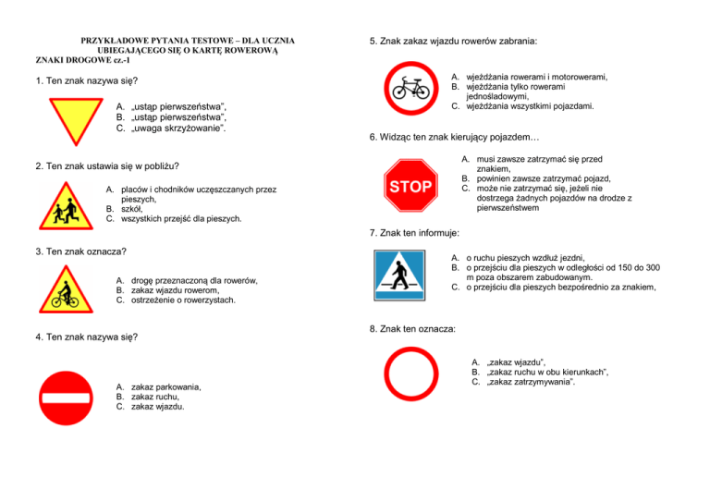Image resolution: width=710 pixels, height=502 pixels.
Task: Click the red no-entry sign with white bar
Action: (x=66, y=398)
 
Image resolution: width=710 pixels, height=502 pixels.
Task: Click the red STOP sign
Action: (x=410, y=187)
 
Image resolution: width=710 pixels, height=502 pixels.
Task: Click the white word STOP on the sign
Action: (x=410, y=187)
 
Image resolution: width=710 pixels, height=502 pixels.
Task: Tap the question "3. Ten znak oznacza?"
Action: (x=80, y=251)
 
